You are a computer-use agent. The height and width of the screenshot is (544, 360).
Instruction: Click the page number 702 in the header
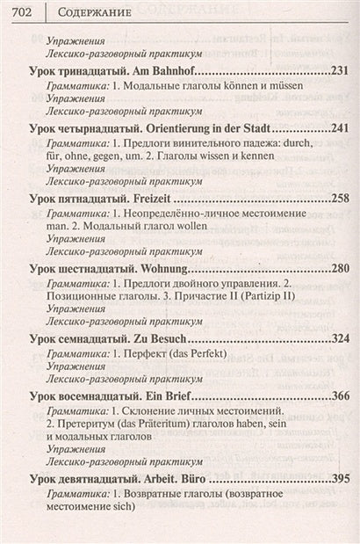(18, 11)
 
